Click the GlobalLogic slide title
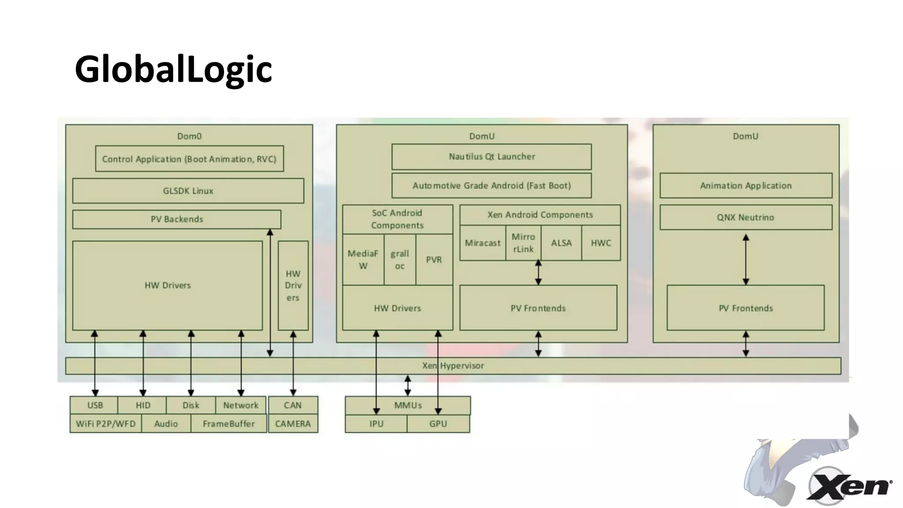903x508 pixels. tap(173, 69)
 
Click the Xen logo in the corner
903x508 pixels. tap(849, 486)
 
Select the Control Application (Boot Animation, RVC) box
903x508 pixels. tap(189, 159)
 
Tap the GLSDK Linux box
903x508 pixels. tap(188, 190)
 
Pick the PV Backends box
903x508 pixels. tap(176, 219)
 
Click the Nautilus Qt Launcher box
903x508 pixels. tap(492, 157)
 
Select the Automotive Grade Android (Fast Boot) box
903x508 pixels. tap(492, 186)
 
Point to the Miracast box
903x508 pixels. tap(482, 243)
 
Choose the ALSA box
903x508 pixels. tap(561, 243)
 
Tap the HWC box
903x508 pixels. tap(601, 243)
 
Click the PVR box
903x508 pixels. tap(434, 260)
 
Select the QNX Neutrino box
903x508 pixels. tap(746, 217)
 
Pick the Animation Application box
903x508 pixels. tap(746, 186)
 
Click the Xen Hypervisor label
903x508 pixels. tap(453, 366)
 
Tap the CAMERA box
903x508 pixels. tap(293, 424)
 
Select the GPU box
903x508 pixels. tap(438, 424)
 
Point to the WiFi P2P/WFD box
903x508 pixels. tap(105, 424)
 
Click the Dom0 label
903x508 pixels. tap(189, 136)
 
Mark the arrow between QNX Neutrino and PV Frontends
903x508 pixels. tap(746, 260)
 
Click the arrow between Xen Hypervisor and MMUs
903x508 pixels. tap(408, 385)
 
